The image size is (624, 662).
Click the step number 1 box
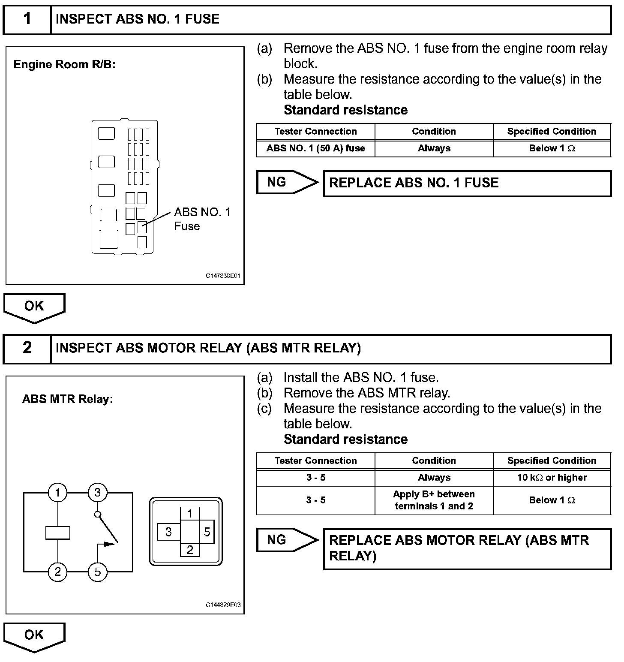27,19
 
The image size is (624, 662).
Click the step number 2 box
27,348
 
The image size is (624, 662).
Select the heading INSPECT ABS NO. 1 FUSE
138,19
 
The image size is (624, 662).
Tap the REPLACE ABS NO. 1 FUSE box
467,184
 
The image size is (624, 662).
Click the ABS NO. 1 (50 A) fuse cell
315,149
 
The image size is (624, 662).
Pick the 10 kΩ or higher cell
552,478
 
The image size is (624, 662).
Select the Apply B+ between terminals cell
434,500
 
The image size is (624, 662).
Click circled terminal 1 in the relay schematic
57,492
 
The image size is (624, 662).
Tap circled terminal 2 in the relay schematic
57,572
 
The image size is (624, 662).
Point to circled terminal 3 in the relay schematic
97,492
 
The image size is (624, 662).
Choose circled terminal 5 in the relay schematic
97,572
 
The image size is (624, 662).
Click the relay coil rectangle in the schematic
57,533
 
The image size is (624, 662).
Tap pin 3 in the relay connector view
168,532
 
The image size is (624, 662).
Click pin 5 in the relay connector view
207,532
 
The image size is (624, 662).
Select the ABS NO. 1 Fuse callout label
202,219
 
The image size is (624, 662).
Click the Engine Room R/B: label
65,65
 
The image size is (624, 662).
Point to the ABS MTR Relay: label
67,399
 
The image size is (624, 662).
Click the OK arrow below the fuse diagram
34,307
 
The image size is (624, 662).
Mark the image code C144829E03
223,605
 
